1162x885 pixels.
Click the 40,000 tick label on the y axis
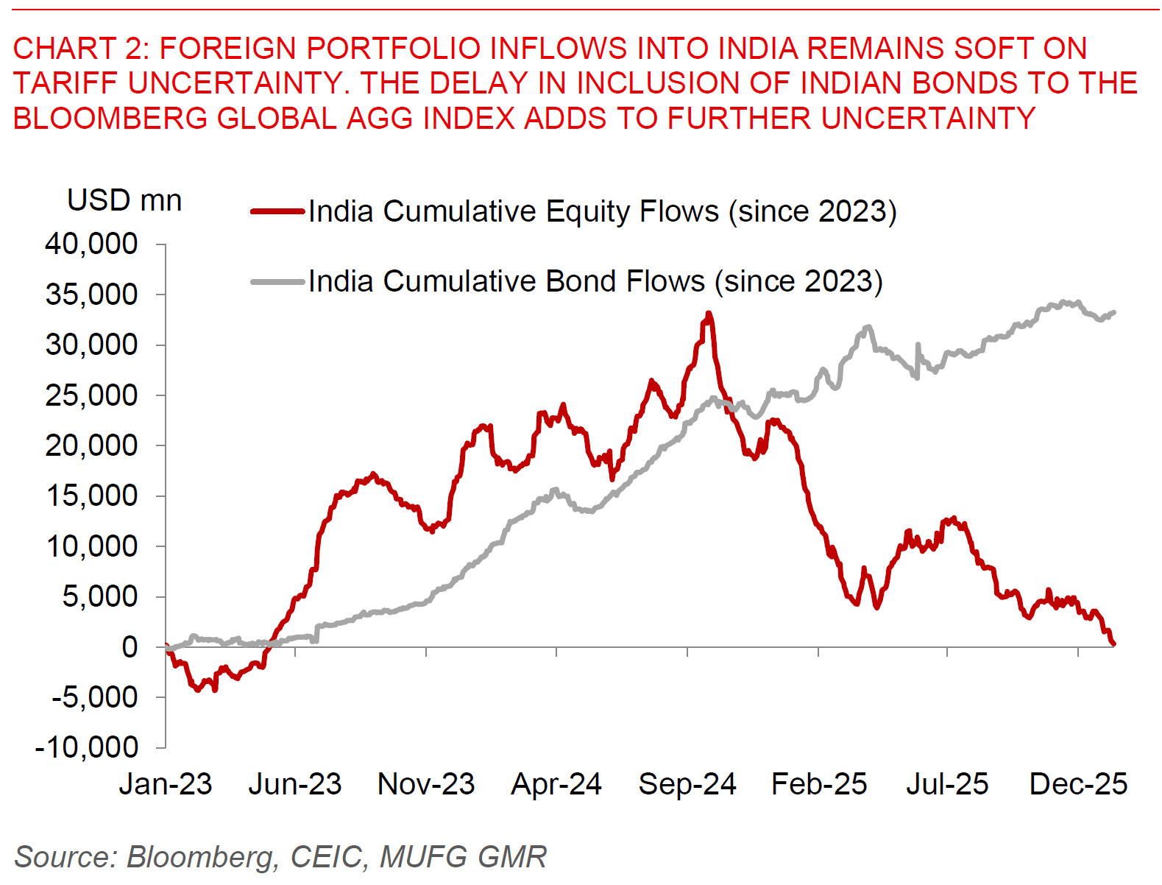point(91,244)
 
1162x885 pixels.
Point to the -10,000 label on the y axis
point(87,747)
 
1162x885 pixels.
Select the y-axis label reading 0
point(130,647)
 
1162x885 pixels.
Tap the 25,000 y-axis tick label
point(91,395)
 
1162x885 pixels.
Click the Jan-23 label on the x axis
point(166,784)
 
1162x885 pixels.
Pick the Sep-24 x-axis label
point(687,784)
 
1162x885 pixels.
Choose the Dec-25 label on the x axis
point(1078,784)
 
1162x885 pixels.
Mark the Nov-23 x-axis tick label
point(426,784)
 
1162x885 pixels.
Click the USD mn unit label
point(124,200)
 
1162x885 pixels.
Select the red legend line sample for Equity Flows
point(277,211)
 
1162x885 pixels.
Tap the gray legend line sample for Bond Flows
point(277,281)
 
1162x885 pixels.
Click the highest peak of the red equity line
point(709,313)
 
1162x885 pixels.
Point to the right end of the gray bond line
point(1114,312)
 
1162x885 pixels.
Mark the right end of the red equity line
point(1114,644)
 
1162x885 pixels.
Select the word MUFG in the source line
point(424,857)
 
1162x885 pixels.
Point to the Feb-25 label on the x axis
point(819,784)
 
